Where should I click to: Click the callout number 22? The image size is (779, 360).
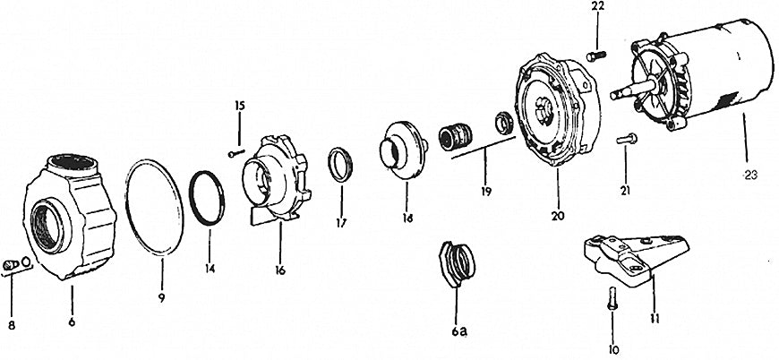(x=597, y=6)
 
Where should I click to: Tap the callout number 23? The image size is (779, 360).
(x=750, y=175)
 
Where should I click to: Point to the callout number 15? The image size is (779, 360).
(x=240, y=106)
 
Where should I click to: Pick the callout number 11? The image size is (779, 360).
(x=655, y=318)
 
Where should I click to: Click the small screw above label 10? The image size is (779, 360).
(x=612, y=298)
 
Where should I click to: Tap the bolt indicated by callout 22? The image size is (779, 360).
(x=595, y=56)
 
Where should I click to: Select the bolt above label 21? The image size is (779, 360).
(x=627, y=140)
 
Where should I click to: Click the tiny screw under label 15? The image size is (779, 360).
(x=236, y=154)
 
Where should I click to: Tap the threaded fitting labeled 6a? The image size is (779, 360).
(x=457, y=264)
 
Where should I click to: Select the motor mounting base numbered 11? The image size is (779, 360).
(x=636, y=259)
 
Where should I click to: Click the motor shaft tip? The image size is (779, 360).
(x=613, y=94)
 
